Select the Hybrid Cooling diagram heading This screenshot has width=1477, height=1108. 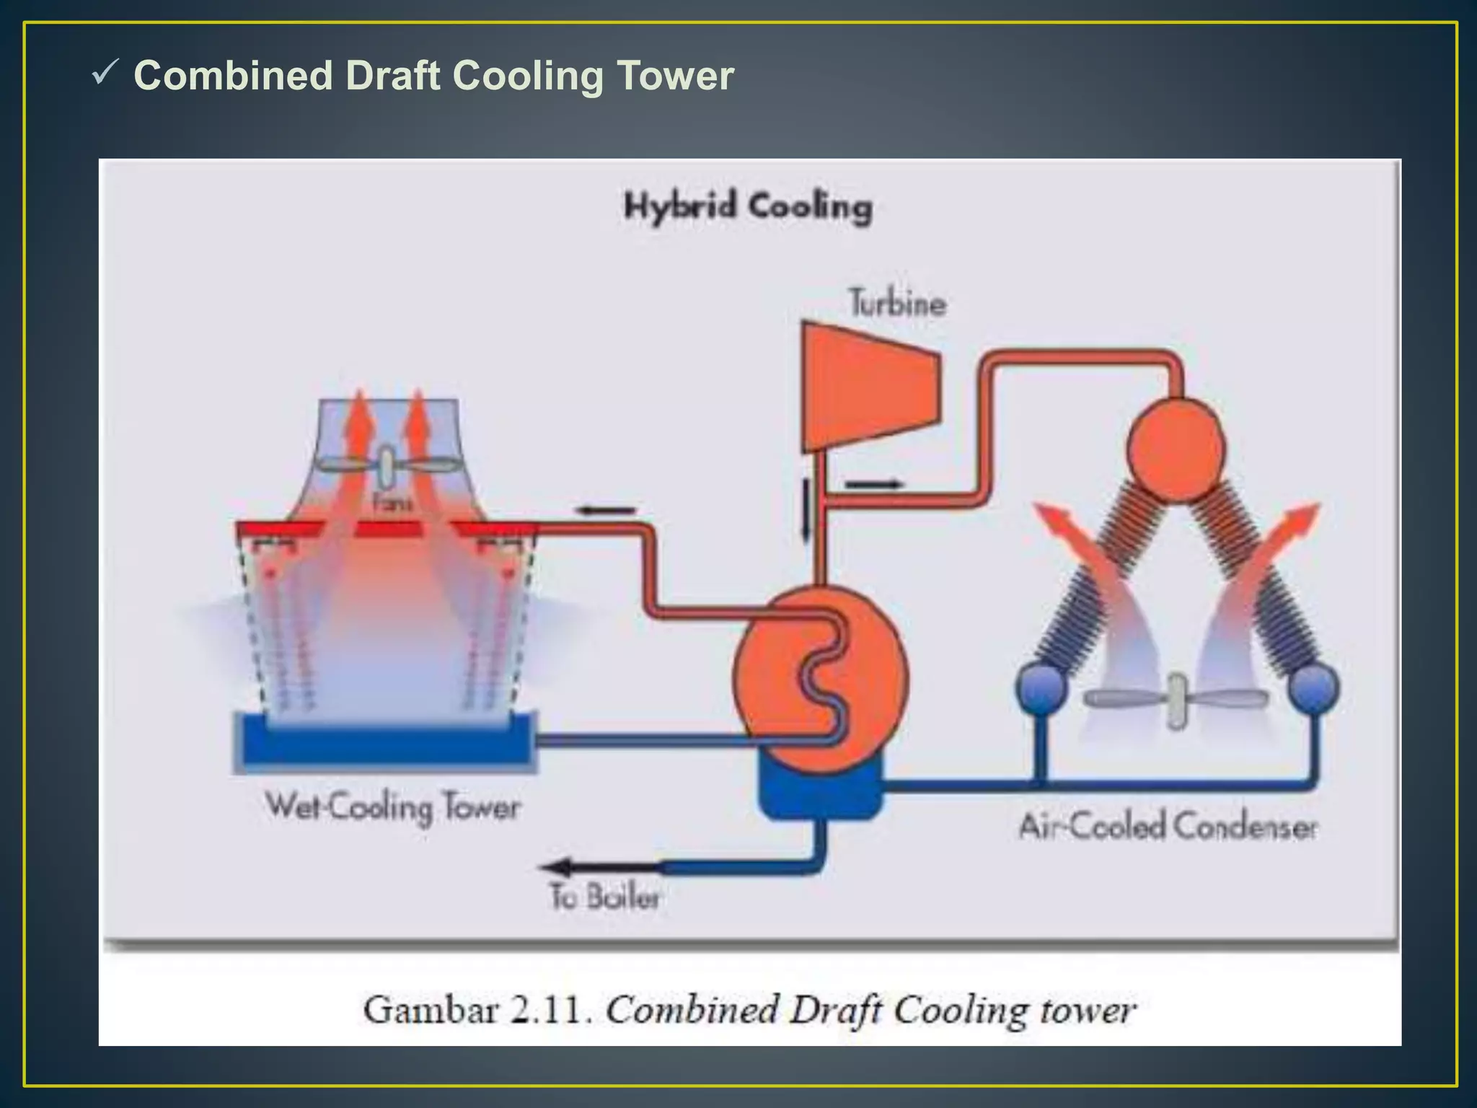click(748, 207)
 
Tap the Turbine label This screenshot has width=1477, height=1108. click(896, 303)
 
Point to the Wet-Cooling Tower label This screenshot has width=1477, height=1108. click(392, 807)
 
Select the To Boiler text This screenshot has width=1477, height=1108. click(604, 897)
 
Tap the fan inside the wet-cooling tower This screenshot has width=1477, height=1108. click(388, 466)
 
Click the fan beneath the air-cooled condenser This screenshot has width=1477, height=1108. click(1176, 700)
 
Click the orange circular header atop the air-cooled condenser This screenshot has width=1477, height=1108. click(1176, 448)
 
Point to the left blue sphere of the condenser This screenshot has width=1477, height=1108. click(1042, 687)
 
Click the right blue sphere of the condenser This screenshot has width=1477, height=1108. click(1313, 687)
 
